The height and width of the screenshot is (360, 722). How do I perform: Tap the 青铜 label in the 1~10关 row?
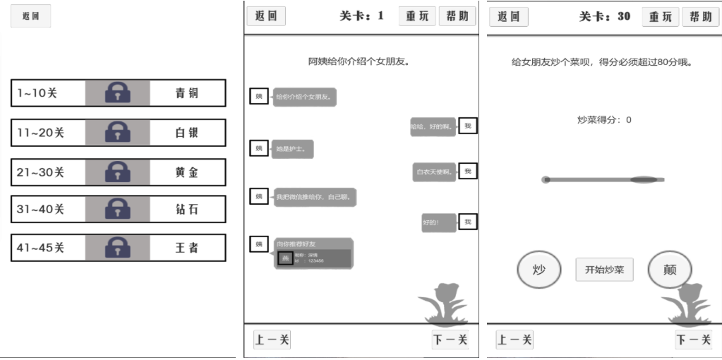point(187,93)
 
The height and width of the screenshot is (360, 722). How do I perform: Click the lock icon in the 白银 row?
point(118,132)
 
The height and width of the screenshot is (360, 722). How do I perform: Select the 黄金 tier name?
point(187,172)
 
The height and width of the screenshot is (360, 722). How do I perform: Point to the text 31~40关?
point(40,210)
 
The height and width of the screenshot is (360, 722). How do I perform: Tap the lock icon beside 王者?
point(118,248)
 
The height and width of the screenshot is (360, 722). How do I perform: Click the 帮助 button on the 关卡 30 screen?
point(700,17)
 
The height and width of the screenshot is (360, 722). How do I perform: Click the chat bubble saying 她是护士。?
point(292,149)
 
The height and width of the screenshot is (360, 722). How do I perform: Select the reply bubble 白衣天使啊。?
point(434,172)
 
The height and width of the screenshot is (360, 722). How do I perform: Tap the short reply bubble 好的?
point(431,223)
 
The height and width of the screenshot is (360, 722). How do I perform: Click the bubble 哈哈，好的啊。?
point(433,126)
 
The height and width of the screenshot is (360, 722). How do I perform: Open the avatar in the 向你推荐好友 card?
point(285,258)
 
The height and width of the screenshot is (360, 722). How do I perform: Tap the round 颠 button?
point(669,270)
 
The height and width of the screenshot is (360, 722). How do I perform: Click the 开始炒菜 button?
point(604,270)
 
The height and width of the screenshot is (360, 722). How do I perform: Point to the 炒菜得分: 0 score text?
point(604,120)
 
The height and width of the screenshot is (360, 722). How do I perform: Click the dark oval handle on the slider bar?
point(643,180)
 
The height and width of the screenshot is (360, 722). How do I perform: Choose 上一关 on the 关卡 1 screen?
point(272,340)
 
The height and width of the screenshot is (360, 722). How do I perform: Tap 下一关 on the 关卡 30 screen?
point(694,340)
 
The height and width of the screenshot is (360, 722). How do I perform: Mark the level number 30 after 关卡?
point(624,16)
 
